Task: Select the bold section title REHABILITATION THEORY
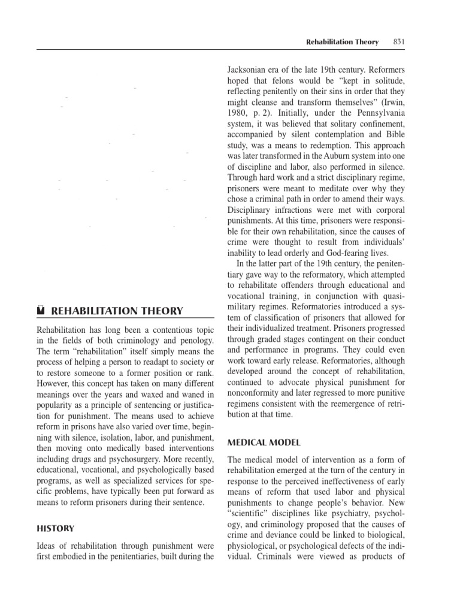(117, 311)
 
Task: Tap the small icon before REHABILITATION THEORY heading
(41, 311)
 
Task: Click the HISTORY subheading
(56, 528)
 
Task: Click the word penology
(194, 340)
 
